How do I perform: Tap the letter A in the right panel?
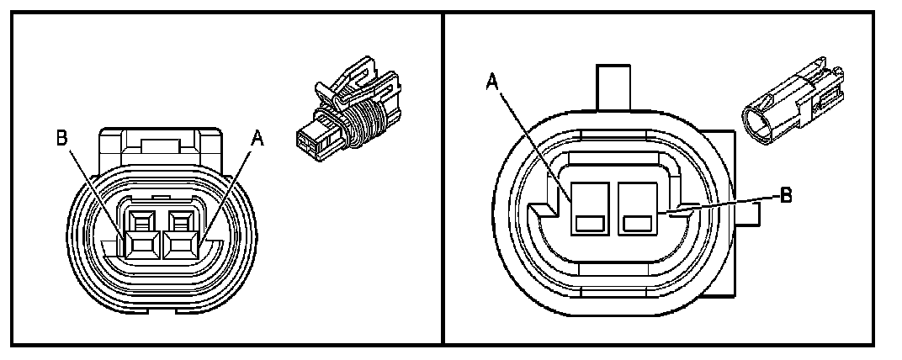(x=492, y=82)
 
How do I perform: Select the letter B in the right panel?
(x=786, y=195)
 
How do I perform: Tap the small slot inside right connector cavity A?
(x=589, y=224)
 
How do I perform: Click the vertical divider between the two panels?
(x=443, y=177)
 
